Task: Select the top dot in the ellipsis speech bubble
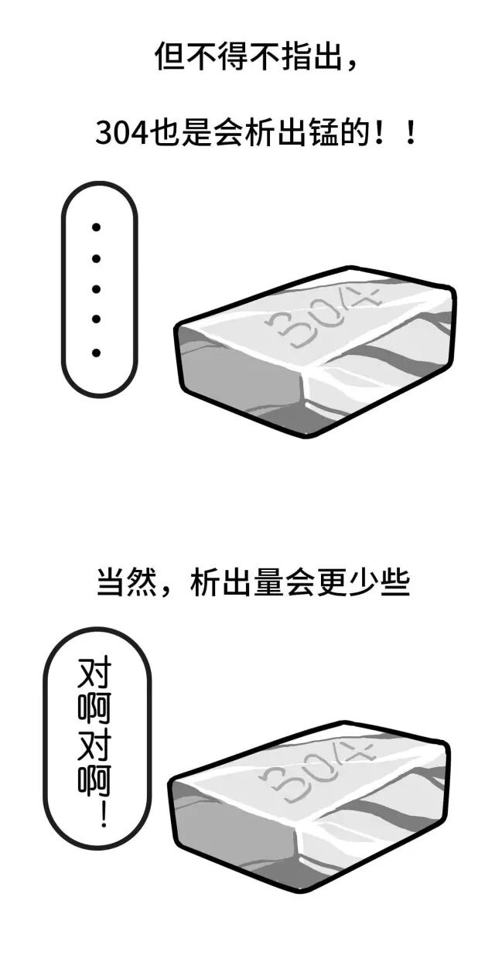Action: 97,227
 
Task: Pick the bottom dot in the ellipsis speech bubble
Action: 97,353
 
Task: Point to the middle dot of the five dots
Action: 97,289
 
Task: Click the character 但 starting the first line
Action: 169,57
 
